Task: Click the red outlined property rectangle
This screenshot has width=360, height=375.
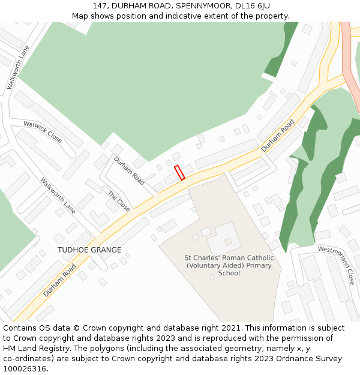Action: (179, 172)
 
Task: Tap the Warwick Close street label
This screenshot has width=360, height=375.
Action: (43, 132)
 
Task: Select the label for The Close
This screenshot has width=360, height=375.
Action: (119, 200)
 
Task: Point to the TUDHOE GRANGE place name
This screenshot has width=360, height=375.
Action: (89, 250)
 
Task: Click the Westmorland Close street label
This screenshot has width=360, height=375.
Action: (337, 265)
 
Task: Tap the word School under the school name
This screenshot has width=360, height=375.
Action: (229, 273)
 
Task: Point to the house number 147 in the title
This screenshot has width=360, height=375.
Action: (101, 5)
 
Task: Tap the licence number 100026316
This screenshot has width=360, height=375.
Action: (25, 369)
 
